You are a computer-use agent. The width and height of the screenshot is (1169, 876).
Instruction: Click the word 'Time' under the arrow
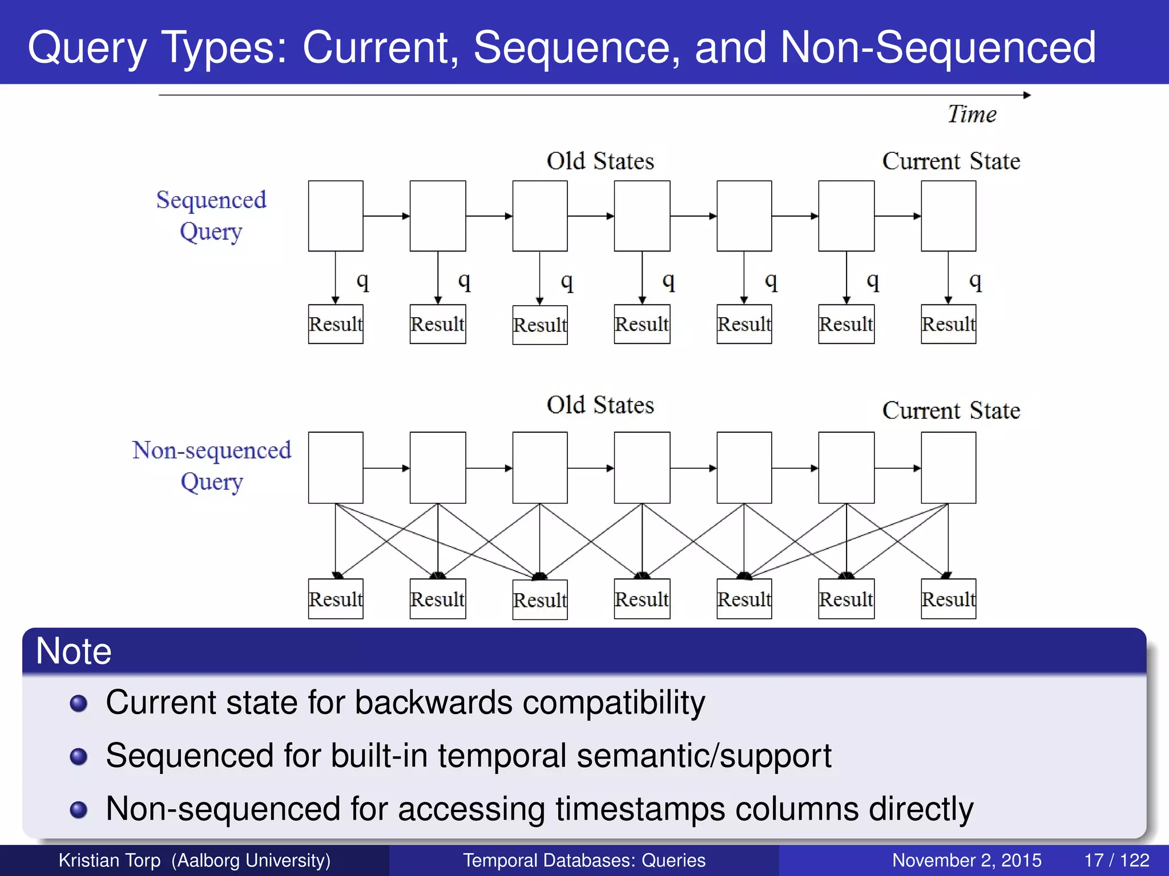click(x=972, y=114)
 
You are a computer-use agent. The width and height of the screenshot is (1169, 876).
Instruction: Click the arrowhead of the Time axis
click(x=1027, y=95)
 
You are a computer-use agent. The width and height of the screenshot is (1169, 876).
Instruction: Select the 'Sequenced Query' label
click(x=211, y=216)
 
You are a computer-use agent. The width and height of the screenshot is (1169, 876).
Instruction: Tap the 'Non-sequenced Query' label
click(x=212, y=465)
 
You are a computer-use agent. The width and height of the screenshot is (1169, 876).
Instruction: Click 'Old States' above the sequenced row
click(x=600, y=161)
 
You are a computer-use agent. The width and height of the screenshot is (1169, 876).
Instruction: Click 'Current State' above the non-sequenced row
click(x=951, y=411)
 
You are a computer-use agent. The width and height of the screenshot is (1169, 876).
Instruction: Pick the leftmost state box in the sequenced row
click(x=336, y=216)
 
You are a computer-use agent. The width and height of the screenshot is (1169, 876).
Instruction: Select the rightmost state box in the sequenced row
click(x=948, y=216)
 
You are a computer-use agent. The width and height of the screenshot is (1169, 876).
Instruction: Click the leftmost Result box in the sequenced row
click(x=336, y=324)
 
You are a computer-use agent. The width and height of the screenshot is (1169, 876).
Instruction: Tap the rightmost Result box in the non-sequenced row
click(x=948, y=599)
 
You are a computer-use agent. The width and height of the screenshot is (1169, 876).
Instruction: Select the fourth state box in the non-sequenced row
click(x=642, y=468)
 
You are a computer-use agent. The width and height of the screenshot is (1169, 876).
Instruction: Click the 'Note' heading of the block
click(x=74, y=651)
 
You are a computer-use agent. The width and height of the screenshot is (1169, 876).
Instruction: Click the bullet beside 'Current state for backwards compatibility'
click(x=78, y=703)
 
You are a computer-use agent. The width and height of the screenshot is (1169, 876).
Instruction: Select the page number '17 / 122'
click(x=1116, y=860)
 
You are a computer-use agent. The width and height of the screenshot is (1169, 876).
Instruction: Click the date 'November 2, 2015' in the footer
click(x=966, y=860)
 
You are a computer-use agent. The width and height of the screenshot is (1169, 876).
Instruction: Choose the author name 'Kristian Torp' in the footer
click(x=110, y=860)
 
